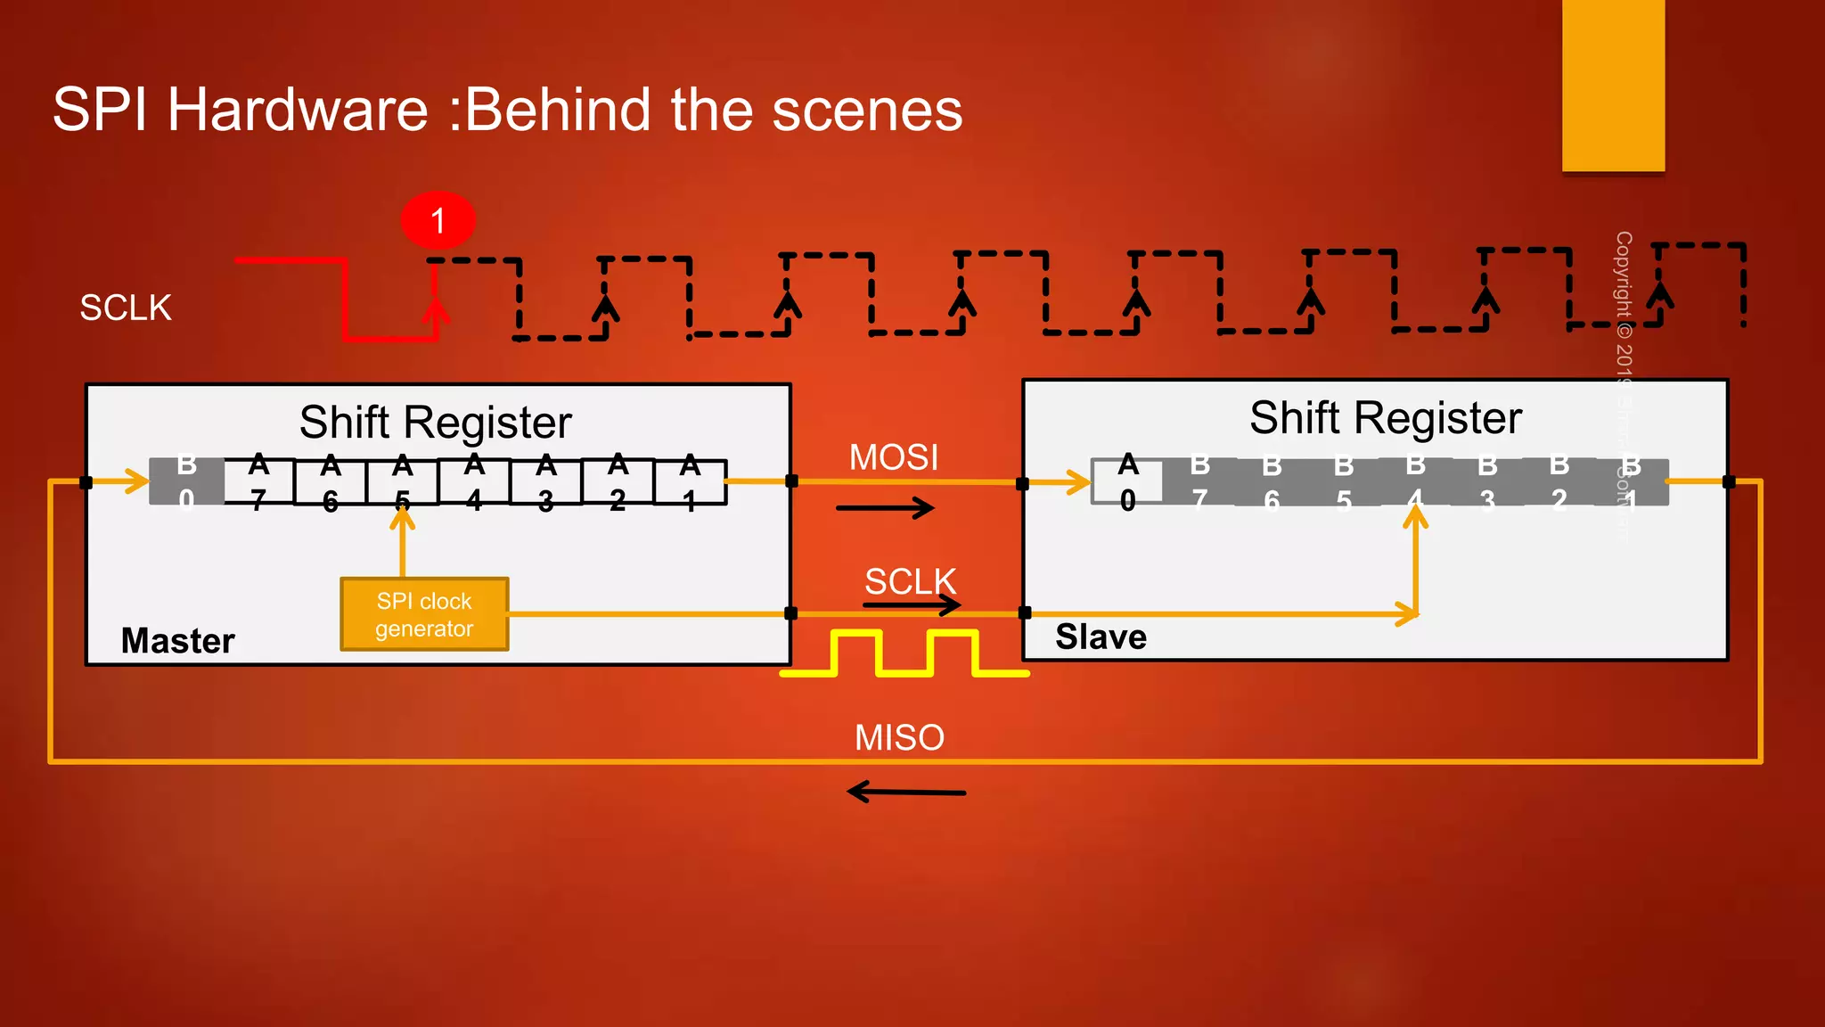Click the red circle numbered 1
[438, 220]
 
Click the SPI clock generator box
[424, 614]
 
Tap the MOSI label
[893, 457]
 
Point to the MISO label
[899, 737]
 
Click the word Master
[177, 640]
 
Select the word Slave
[1101, 637]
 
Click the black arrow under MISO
[905, 792]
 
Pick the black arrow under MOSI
[885, 508]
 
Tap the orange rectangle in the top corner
[1613, 85]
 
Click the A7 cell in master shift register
[258, 482]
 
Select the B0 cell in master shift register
[186, 482]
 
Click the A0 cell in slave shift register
[1128, 482]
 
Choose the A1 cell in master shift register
[690, 482]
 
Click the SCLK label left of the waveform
[126, 308]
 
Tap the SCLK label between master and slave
[910, 581]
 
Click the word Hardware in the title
[298, 110]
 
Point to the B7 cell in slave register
[1199, 482]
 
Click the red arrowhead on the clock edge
[435, 311]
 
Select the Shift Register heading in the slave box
[1385, 417]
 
